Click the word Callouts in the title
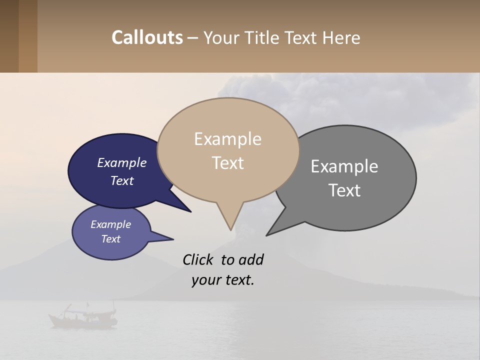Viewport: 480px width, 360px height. tap(147, 37)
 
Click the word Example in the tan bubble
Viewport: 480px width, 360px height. tap(227, 139)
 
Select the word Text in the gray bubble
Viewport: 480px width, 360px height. tap(344, 190)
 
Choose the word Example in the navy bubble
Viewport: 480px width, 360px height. tap(121, 162)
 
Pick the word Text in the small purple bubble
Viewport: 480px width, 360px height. tap(111, 239)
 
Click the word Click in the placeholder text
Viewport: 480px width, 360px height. tap(198, 259)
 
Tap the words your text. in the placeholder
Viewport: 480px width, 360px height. tap(222, 280)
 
